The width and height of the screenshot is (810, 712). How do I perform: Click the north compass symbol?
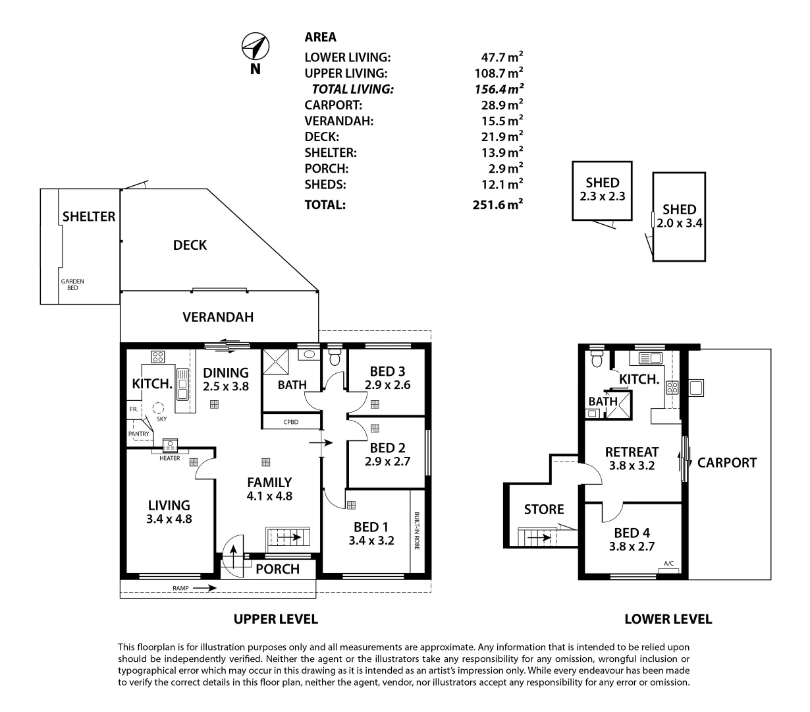(255, 46)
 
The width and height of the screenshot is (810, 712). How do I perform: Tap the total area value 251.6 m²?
(497, 204)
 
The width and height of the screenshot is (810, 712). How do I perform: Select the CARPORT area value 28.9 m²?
(502, 104)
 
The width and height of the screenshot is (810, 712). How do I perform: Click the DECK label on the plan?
(190, 245)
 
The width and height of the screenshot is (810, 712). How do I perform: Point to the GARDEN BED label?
(72, 285)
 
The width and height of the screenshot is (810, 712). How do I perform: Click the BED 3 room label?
(387, 371)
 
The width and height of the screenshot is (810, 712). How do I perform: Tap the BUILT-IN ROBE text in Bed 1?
(417, 531)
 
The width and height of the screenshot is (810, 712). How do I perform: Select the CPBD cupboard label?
(290, 422)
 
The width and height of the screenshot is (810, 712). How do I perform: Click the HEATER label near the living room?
(169, 458)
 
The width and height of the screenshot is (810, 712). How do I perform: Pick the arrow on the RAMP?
(204, 588)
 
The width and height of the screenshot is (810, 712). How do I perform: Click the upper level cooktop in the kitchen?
(157, 357)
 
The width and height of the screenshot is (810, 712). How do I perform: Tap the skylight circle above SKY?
(158, 408)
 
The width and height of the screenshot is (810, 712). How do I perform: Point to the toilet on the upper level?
(335, 357)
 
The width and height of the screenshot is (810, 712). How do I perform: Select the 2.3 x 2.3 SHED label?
(602, 189)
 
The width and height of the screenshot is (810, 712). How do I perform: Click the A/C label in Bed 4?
(668, 563)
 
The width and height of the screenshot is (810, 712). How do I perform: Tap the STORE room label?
(544, 509)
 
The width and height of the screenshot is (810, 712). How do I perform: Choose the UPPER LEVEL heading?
(275, 619)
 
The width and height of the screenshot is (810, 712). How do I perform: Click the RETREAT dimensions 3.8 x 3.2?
(632, 465)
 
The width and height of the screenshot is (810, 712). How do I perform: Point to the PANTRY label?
(138, 433)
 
